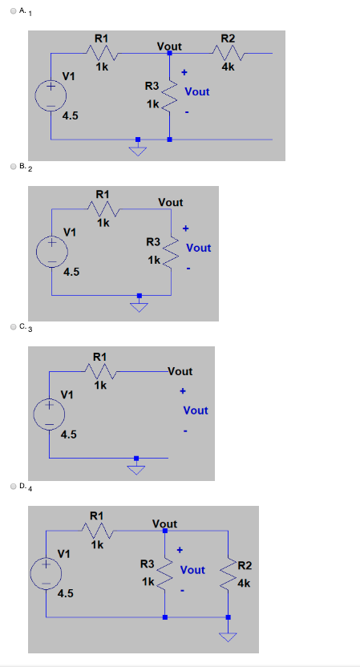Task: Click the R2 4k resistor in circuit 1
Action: pyautogui.click(x=228, y=54)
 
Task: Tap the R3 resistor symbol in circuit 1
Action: pyautogui.click(x=169, y=95)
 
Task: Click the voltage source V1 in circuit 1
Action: pyautogui.click(x=51, y=95)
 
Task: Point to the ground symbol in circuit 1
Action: pyautogui.click(x=138, y=152)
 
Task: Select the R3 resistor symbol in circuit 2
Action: pyautogui.click(x=170, y=250)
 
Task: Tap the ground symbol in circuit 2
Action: pyautogui.click(x=140, y=307)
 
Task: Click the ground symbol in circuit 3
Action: pyautogui.click(x=136, y=468)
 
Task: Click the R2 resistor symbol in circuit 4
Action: pyautogui.click(x=229, y=572)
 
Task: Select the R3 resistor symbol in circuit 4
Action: pyautogui.click(x=164, y=572)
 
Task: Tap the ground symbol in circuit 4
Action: pyautogui.click(x=229, y=637)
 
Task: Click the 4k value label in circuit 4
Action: pyautogui.click(x=245, y=584)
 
